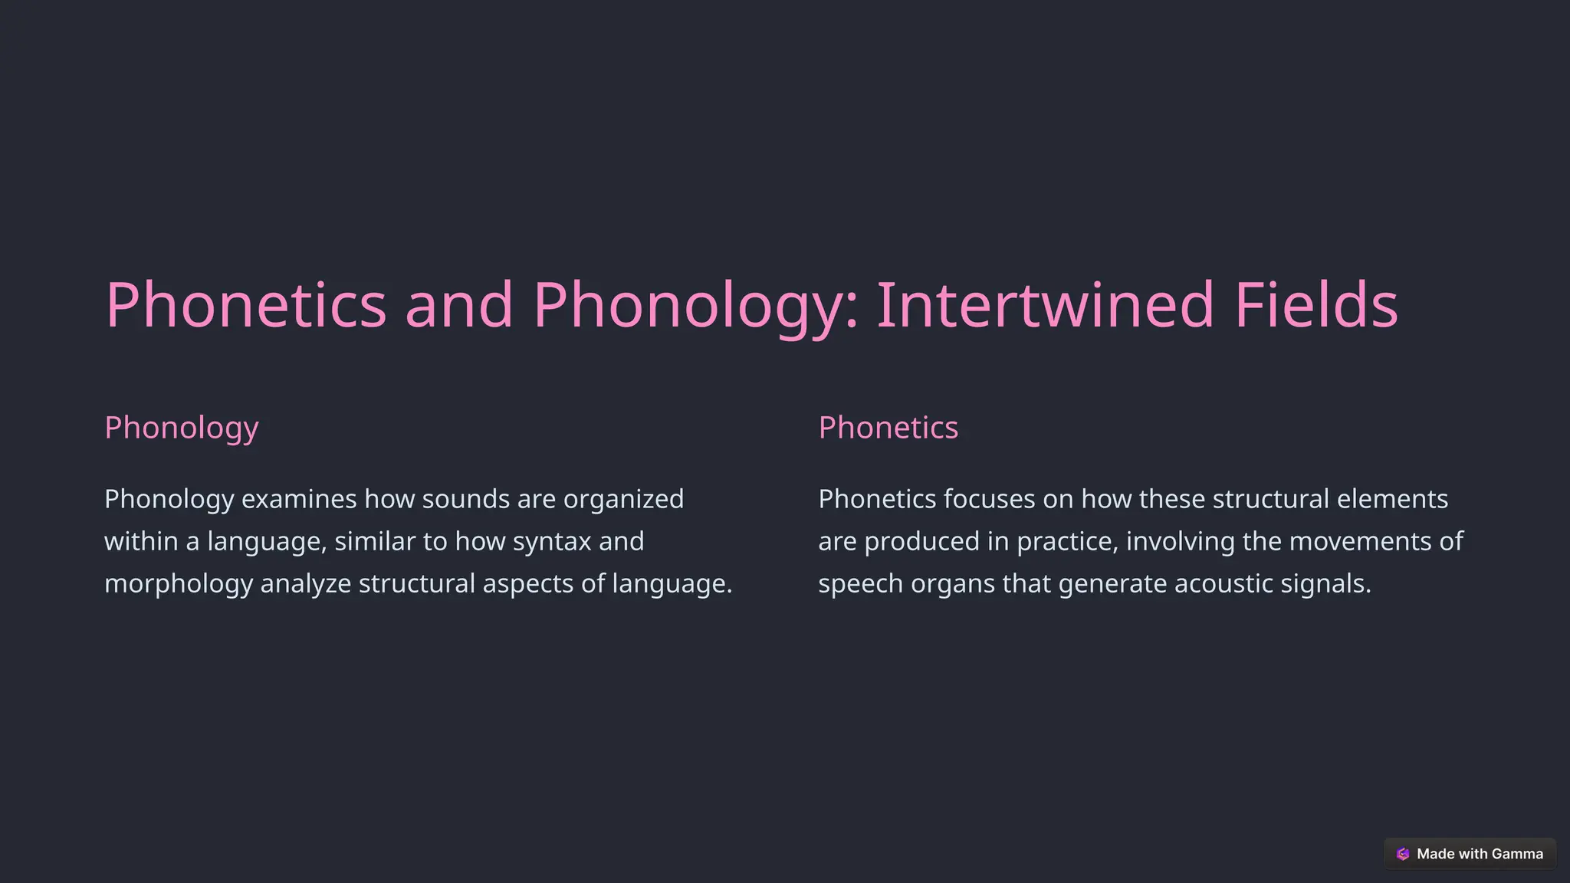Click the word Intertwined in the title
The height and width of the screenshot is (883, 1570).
click(x=1045, y=305)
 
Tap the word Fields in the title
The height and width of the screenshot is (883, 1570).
click(x=1316, y=305)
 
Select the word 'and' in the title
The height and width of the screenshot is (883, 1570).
click(x=458, y=305)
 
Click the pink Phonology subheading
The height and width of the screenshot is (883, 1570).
click(x=182, y=428)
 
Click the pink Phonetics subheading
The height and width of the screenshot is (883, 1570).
click(x=888, y=428)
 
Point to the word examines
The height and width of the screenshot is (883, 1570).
click(x=299, y=499)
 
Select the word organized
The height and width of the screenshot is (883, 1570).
click(x=623, y=499)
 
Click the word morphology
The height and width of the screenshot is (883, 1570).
click(x=179, y=583)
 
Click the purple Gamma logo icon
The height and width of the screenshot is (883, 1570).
click(x=1403, y=854)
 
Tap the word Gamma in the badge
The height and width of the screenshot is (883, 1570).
click(x=1517, y=854)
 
